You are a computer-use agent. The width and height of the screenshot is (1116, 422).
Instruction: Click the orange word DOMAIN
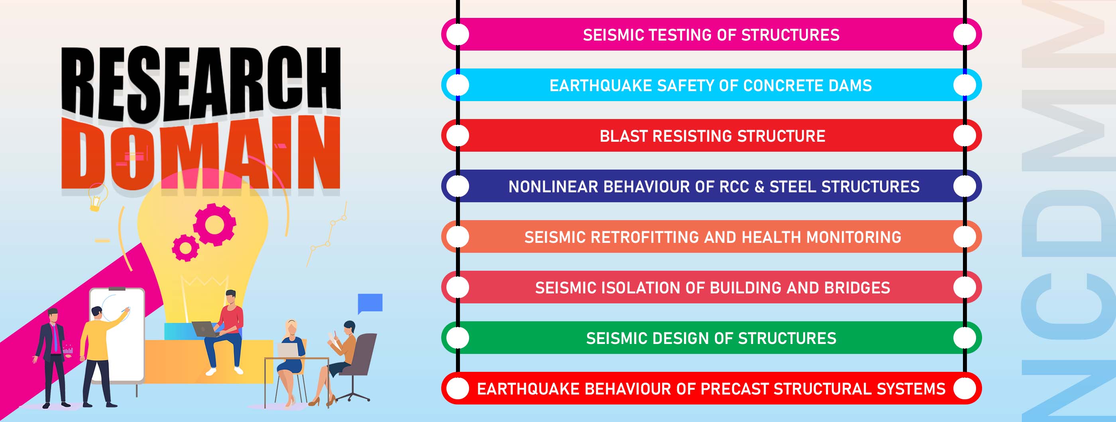pyautogui.click(x=200, y=154)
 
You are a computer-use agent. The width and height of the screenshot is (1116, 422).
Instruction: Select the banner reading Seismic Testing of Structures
pyautogui.click(x=711, y=34)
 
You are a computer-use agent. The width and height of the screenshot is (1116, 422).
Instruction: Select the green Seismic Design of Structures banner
pyautogui.click(x=711, y=338)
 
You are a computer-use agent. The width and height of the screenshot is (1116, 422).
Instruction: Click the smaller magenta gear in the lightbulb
pyautogui.click(x=185, y=248)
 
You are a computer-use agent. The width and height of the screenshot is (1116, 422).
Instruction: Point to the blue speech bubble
pyautogui.click(x=370, y=303)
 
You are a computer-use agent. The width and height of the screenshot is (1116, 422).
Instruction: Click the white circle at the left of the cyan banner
pyautogui.click(x=458, y=85)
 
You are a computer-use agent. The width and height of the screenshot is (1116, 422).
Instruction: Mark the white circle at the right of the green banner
pyautogui.click(x=965, y=338)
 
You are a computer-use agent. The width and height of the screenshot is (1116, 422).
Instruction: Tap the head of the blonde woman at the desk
pyautogui.click(x=291, y=328)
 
